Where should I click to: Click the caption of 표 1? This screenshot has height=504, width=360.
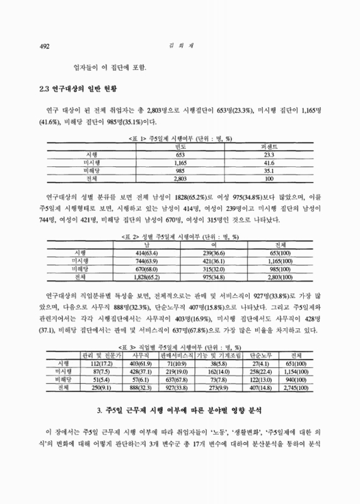179,137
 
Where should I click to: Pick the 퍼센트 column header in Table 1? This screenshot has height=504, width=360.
270,146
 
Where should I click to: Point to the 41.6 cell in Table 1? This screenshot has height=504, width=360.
270,162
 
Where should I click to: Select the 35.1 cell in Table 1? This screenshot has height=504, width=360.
270,170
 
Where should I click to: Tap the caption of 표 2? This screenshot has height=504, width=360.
179,236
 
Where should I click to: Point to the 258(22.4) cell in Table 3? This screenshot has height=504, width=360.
247,372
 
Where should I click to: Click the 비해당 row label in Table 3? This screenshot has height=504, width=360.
63,381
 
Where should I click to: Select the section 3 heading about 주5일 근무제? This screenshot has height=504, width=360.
180,411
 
